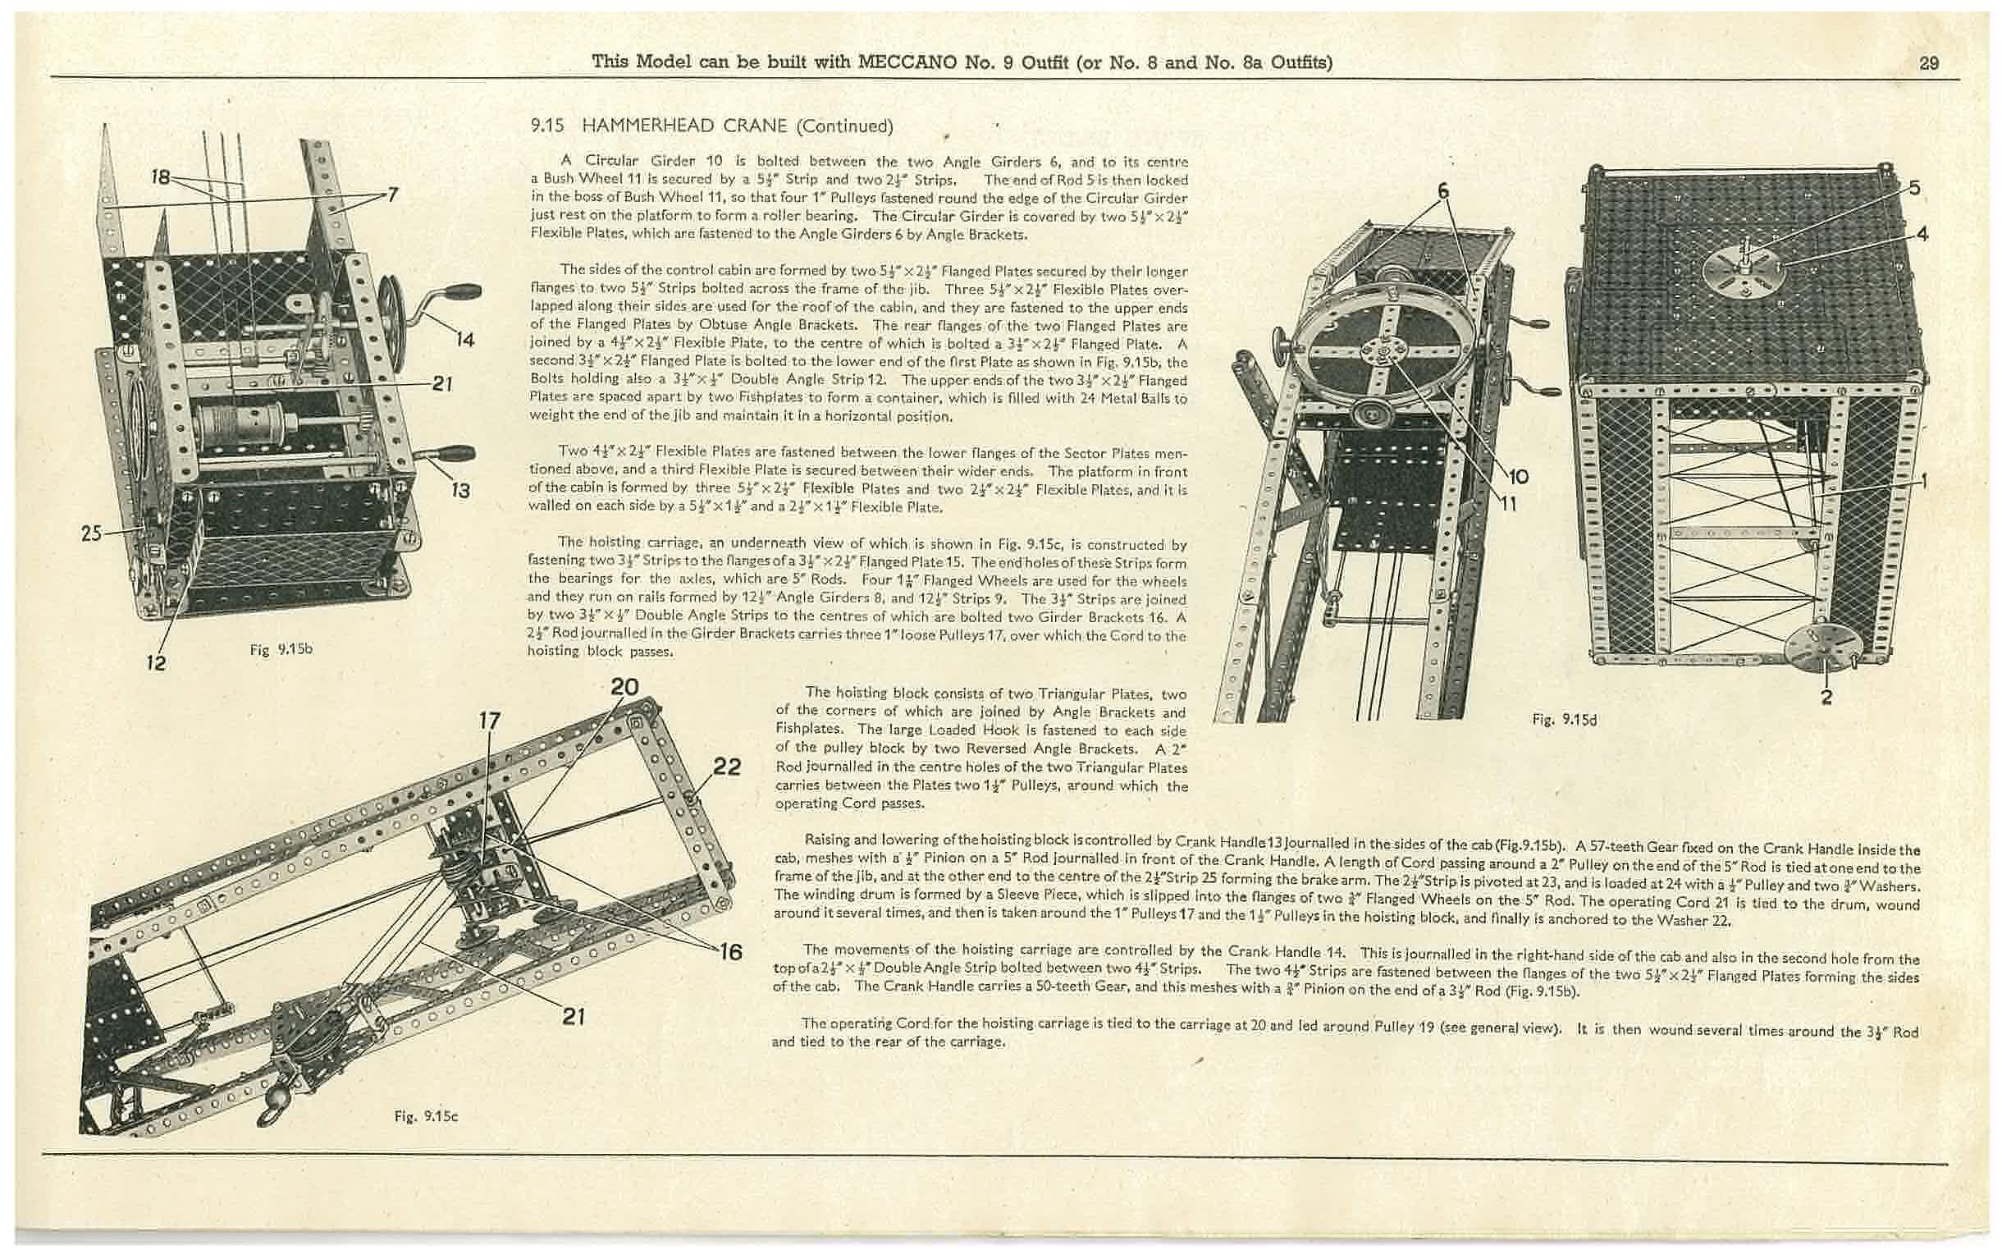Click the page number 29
(x=1929, y=63)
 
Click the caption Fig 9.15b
(x=281, y=649)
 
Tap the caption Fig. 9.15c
(x=426, y=1116)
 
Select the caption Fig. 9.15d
(x=1564, y=720)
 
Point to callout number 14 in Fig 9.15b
(x=464, y=339)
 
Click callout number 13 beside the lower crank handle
(x=459, y=491)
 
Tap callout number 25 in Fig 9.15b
(x=91, y=533)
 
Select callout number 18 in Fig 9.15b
(x=161, y=176)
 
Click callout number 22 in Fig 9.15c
(x=727, y=766)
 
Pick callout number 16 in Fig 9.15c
(x=730, y=951)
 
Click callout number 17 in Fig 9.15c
(x=490, y=720)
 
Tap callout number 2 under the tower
(x=1826, y=697)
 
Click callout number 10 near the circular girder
(x=1518, y=477)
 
